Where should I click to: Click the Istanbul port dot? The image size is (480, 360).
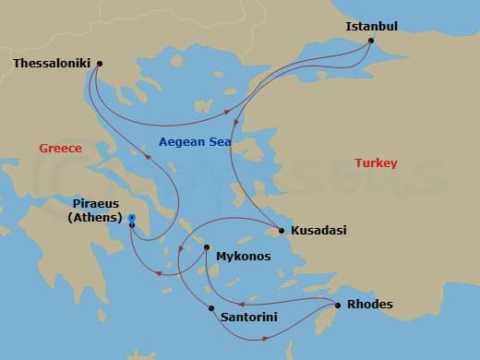(x=370, y=41)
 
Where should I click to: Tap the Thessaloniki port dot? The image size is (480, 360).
(x=99, y=64)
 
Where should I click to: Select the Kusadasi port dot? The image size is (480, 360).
(x=281, y=230)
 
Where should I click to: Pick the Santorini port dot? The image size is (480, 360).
(x=211, y=308)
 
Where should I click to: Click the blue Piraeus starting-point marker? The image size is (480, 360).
(x=132, y=218)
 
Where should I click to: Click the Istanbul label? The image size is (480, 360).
(x=371, y=26)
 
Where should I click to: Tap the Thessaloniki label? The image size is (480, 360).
(x=52, y=64)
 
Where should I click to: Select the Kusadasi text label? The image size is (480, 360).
(x=318, y=230)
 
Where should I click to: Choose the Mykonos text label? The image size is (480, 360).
(x=243, y=255)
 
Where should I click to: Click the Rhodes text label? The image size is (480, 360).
(x=369, y=305)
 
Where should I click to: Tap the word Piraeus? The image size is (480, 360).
(x=96, y=204)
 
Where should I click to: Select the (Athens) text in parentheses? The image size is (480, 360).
(x=95, y=218)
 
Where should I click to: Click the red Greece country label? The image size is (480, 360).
(x=61, y=148)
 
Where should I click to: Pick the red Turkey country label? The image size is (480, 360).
(x=376, y=163)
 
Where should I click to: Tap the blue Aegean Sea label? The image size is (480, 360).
(x=195, y=141)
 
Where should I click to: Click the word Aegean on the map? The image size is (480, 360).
(x=182, y=141)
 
